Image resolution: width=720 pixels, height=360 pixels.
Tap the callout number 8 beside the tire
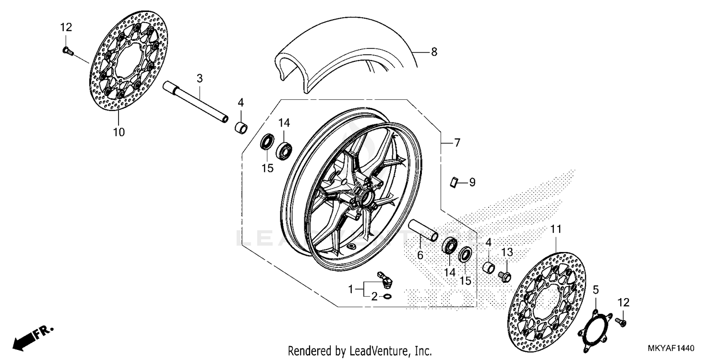434,52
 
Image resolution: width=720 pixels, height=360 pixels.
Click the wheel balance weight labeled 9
453,182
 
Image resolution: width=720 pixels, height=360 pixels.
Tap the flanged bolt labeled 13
505,276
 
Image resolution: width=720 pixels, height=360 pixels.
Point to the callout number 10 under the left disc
119,132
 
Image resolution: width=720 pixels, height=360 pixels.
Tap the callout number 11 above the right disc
556,230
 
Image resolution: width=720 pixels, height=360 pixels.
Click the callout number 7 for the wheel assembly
456,143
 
